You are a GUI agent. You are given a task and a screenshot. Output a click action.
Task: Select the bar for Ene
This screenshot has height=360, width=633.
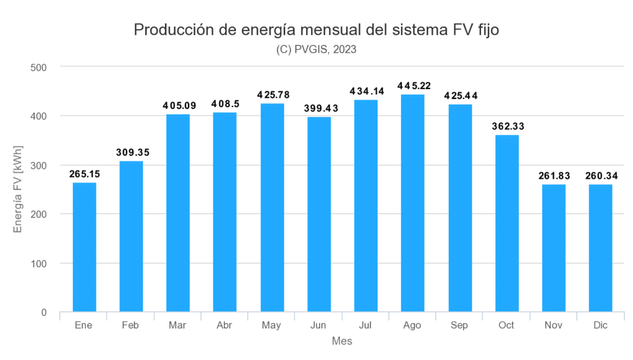(84, 247)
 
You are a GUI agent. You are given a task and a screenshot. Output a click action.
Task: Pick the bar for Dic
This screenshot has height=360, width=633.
(600, 248)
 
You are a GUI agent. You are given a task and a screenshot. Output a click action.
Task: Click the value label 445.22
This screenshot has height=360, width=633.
(413, 85)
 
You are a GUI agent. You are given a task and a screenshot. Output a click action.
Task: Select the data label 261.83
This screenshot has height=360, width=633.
(554, 175)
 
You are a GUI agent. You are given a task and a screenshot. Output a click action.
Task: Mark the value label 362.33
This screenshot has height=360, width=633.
(507, 126)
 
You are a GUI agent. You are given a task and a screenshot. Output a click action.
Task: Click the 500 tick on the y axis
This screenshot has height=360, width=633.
(39, 67)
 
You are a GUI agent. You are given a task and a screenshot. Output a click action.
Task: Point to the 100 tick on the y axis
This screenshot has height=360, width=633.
(39, 264)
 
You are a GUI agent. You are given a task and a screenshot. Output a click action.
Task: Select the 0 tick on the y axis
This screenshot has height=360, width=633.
(44, 312)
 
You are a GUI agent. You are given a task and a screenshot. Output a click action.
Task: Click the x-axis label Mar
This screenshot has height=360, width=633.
(178, 325)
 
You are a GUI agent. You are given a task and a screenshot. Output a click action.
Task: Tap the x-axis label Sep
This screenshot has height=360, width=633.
(460, 325)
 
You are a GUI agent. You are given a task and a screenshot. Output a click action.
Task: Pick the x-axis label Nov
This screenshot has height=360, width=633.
(554, 325)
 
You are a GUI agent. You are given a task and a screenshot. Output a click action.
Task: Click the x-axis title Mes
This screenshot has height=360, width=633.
(342, 341)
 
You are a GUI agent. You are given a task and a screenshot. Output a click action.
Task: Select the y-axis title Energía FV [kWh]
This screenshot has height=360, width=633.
(19, 189)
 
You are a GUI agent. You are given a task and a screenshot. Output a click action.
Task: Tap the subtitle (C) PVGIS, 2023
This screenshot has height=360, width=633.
(316, 50)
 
